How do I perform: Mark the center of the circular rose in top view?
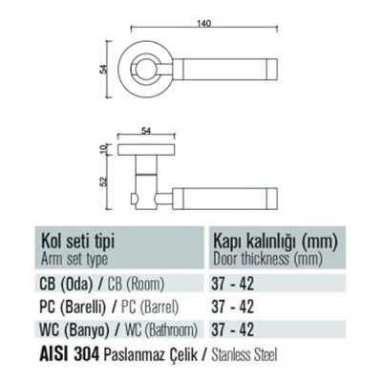point(148,69)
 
